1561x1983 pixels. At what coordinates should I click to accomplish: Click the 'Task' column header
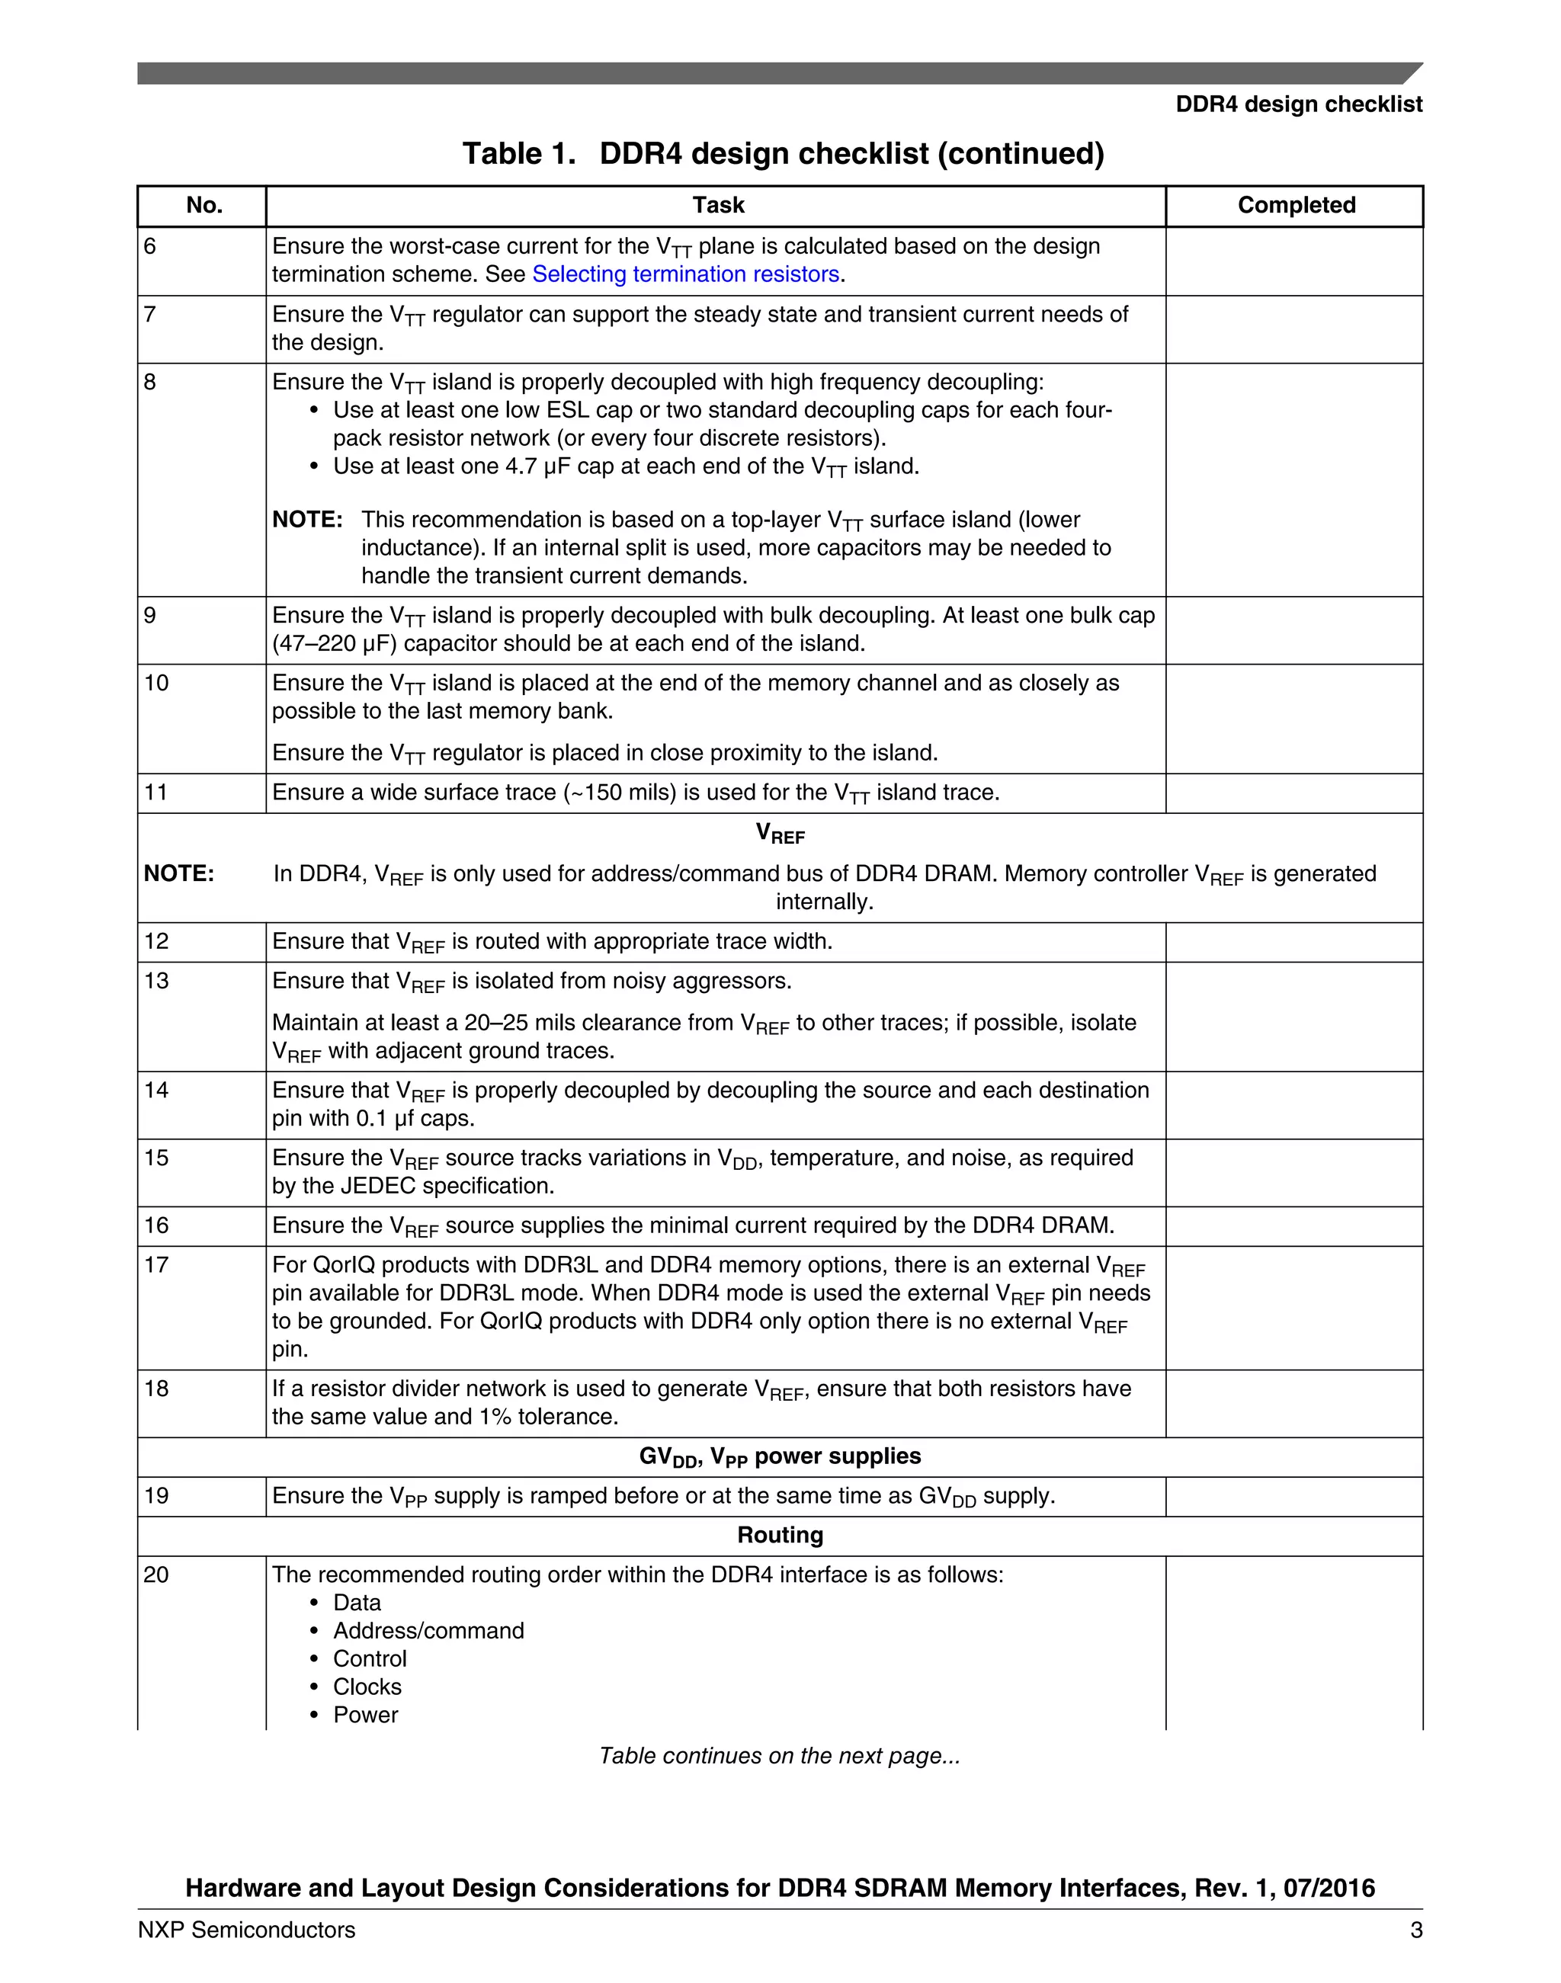[x=717, y=206]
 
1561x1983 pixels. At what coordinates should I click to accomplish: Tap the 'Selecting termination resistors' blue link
[x=685, y=274]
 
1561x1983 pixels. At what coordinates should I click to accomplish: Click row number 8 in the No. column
[x=151, y=382]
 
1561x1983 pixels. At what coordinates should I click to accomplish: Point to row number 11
[x=156, y=793]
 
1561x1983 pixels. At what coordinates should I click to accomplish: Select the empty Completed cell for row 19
[x=1293, y=1497]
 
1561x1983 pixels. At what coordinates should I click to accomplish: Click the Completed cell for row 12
[x=1293, y=942]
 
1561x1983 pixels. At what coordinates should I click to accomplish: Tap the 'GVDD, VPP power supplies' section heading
[x=780, y=1456]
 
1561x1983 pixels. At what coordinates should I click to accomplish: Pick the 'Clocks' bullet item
[x=367, y=1687]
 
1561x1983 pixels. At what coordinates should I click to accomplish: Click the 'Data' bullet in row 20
[x=357, y=1603]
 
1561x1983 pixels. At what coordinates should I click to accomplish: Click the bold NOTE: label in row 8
[x=307, y=520]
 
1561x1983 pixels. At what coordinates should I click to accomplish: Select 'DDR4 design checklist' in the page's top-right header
[x=1298, y=104]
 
